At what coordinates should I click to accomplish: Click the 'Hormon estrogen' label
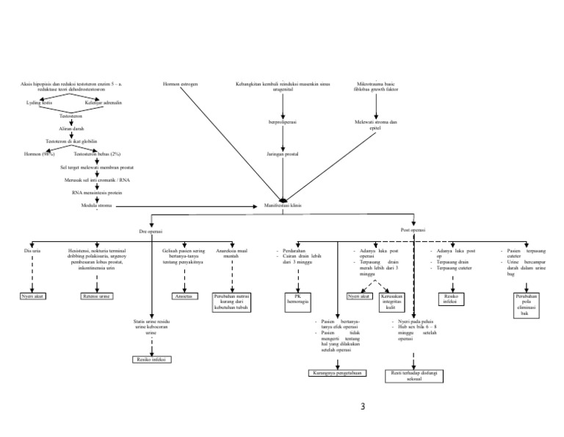pyautogui.click(x=180, y=85)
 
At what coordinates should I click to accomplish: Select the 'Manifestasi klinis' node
pyautogui.click(x=282, y=205)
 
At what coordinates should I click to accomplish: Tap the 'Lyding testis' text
pyautogui.click(x=39, y=103)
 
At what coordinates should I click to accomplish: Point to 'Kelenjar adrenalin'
pyautogui.click(x=103, y=103)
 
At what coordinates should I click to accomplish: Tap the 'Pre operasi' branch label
pyautogui.click(x=151, y=231)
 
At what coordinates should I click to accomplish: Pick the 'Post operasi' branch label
pyautogui.click(x=413, y=230)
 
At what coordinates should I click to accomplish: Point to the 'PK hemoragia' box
pyautogui.click(x=297, y=299)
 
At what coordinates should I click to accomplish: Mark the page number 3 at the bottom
pyautogui.click(x=363, y=407)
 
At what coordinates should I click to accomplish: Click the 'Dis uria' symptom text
pyautogui.click(x=32, y=250)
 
